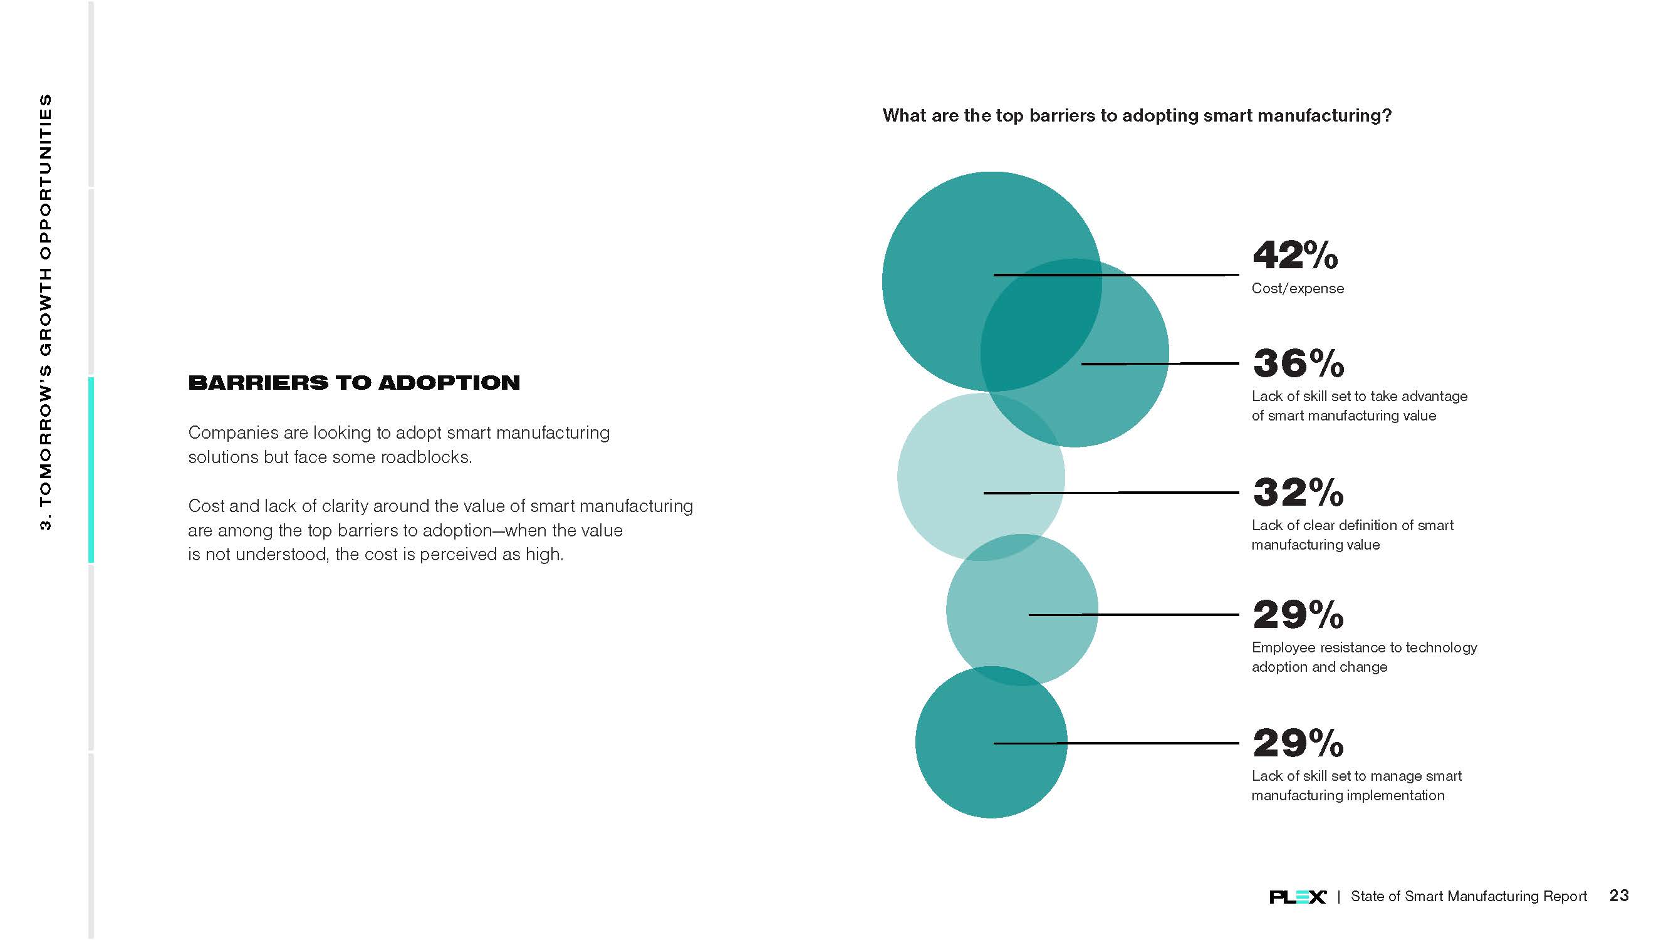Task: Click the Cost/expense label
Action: tap(1298, 288)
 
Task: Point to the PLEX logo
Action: tap(1298, 897)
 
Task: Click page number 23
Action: tap(1618, 896)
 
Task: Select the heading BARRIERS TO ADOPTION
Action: tap(354, 383)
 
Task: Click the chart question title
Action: tap(1137, 115)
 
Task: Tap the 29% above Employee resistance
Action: tap(1298, 614)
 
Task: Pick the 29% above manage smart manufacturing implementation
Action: tap(1298, 743)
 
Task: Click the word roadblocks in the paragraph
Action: tap(425, 457)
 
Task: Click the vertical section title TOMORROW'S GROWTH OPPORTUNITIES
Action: tap(45, 311)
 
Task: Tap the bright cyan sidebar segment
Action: tap(91, 469)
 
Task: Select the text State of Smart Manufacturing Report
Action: tap(1469, 896)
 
